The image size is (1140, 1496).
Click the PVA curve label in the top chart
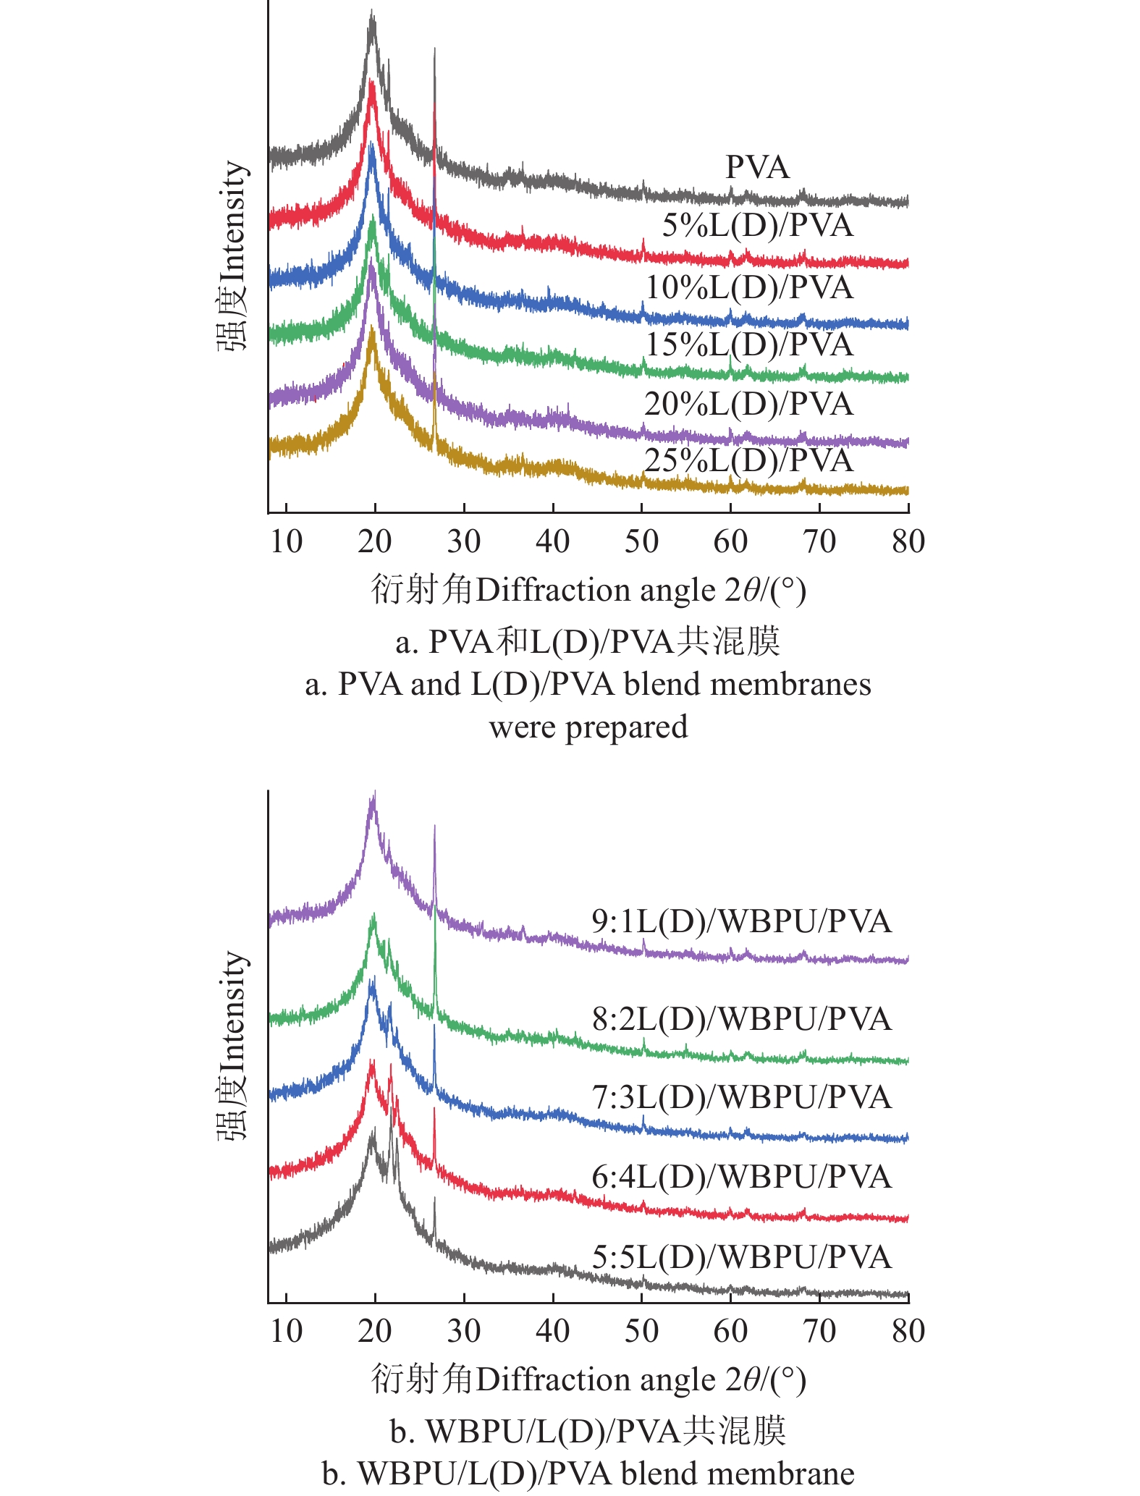tap(757, 167)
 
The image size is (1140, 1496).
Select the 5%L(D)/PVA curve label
tap(757, 225)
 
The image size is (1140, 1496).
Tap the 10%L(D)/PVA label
tap(749, 287)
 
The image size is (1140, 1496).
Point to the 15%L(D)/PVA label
tap(749, 344)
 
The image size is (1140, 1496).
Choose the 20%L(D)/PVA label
tap(749, 403)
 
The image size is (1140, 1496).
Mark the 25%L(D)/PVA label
tap(749, 460)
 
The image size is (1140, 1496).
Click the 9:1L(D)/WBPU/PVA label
tap(741, 921)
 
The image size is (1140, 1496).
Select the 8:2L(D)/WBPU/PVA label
tap(741, 1019)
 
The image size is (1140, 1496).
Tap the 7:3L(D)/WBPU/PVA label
tap(741, 1097)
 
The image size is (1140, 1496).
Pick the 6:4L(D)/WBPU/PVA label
tap(741, 1177)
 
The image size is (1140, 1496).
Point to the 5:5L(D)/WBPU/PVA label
tap(741, 1256)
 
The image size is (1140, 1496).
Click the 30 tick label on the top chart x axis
tap(464, 541)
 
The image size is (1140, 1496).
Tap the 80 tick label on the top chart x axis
tap(908, 541)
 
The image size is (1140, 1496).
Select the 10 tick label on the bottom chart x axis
tap(287, 1330)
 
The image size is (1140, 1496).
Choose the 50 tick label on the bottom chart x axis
tap(642, 1330)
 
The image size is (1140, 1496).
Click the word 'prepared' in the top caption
tap(627, 727)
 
